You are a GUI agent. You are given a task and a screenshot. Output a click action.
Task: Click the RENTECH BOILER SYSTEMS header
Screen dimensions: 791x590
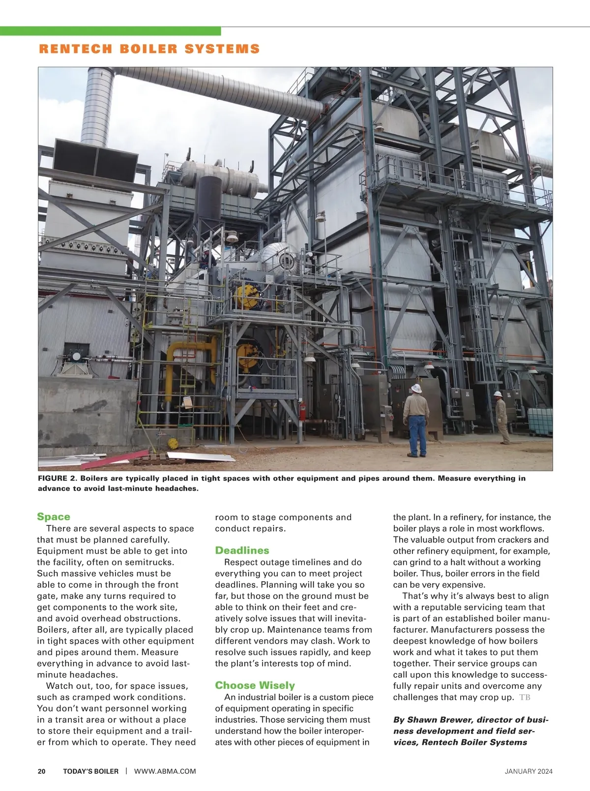click(149, 49)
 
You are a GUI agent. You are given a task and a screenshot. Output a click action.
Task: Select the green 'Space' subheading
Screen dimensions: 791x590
click(54, 517)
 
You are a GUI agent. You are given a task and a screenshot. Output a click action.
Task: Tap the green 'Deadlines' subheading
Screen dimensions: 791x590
click(242, 550)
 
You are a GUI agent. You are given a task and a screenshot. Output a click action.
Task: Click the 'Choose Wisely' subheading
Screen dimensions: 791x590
click(255, 685)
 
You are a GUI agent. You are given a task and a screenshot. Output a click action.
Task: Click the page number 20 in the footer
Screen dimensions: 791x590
click(42, 771)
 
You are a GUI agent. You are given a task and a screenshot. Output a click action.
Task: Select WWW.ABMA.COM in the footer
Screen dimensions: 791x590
click(165, 771)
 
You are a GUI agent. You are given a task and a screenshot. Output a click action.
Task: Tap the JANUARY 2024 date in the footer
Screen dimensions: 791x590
click(529, 771)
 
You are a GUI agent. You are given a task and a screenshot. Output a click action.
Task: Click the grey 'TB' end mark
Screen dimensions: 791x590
click(525, 697)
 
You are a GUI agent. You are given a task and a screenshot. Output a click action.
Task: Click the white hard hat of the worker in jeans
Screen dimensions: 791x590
click(416, 388)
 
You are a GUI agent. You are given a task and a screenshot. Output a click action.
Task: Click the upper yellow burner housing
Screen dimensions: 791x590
click(247, 296)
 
